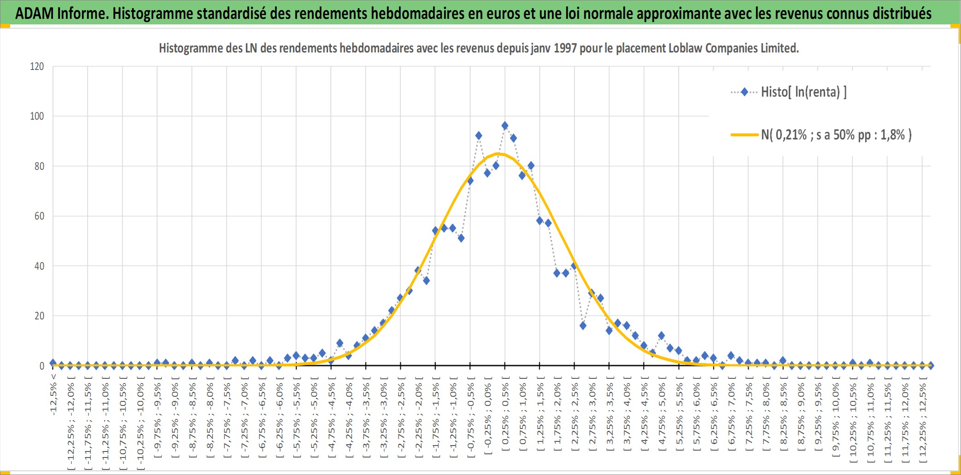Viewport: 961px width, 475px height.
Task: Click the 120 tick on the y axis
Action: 37,66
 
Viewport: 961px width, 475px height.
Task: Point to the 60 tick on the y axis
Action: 39,216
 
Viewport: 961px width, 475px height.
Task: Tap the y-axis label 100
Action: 37,116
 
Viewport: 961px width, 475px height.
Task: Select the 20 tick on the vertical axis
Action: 39,316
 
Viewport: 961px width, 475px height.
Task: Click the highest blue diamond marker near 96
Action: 505,126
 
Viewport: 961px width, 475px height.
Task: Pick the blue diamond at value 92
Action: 479,136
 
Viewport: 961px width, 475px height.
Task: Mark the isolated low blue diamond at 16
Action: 583,325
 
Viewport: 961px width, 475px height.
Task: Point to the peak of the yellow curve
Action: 498,154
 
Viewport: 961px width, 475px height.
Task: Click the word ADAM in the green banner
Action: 35,14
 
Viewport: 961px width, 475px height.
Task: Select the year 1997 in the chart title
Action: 565,48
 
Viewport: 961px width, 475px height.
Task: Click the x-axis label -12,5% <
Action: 53,394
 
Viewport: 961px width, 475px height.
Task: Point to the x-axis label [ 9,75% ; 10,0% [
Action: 836,417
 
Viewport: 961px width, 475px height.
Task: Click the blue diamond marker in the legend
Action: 744,92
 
